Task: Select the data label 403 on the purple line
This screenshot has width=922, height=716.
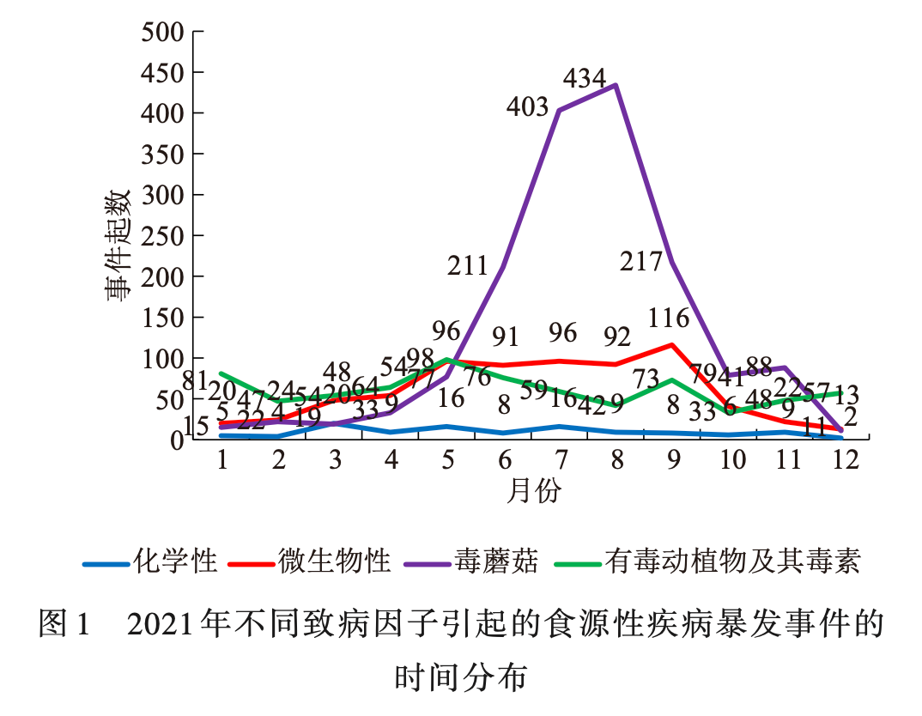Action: click(527, 107)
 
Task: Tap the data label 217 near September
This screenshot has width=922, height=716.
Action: click(642, 262)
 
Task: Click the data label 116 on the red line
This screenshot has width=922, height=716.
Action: click(669, 319)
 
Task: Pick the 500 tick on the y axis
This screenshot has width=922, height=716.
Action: click(163, 33)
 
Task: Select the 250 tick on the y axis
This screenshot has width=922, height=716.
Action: click(163, 236)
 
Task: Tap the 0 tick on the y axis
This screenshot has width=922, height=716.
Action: click(178, 440)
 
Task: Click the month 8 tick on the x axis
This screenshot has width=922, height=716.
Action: click(616, 460)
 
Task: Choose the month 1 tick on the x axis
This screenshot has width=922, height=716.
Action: click(222, 460)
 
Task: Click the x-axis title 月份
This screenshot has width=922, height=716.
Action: click(533, 492)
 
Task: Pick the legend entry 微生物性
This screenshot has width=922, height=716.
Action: click(334, 561)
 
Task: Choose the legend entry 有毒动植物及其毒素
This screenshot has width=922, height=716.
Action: click(731, 561)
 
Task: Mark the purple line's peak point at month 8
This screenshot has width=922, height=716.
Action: click(616, 85)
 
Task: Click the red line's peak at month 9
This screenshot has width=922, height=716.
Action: click(672, 345)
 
